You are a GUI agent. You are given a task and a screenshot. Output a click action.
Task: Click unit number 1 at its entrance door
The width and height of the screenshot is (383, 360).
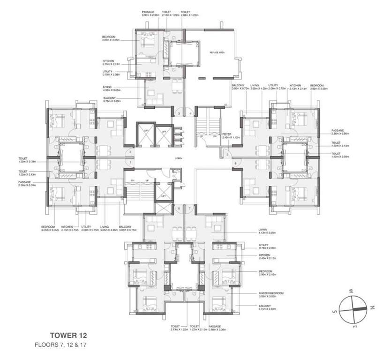coord(130,162)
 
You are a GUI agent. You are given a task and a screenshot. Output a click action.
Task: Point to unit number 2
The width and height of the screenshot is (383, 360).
coord(130,152)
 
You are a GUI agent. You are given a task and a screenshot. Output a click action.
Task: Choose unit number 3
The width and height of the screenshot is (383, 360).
coord(178,113)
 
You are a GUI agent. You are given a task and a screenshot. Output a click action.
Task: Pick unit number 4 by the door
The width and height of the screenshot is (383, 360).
coord(190,113)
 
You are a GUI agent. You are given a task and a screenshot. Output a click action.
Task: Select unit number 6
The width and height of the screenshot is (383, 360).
coord(235,163)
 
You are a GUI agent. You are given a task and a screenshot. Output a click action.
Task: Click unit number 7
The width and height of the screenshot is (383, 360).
coord(190,208)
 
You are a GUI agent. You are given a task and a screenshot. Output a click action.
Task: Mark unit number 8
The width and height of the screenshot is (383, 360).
coord(179,208)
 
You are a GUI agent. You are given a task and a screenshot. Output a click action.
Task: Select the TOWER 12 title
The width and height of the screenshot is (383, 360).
coord(68,336)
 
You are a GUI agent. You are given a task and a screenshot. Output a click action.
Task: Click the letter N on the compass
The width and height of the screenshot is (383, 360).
coord(371,307)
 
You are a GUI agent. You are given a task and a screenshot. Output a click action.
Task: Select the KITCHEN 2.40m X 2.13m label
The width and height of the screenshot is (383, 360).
coord(268,257)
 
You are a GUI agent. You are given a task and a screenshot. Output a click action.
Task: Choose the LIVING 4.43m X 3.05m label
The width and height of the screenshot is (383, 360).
coord(267,231)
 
